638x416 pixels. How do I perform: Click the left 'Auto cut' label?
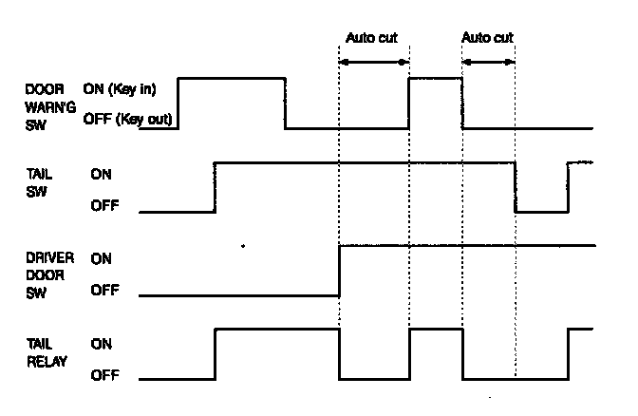[371, 39]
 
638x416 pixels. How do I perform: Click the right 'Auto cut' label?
[488, 39]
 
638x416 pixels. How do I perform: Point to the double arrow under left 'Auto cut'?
[374, 62]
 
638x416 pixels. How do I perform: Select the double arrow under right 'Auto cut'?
[488, 62]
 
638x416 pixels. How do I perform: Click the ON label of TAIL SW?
[102, 175]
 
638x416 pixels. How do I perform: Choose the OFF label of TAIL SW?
[104, 203]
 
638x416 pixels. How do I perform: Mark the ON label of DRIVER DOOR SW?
[102, 257]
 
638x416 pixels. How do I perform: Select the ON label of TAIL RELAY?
[102, 345]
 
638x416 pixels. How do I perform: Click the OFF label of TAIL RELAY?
[104, 375]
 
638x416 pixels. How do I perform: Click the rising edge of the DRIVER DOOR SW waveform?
[340, 271]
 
